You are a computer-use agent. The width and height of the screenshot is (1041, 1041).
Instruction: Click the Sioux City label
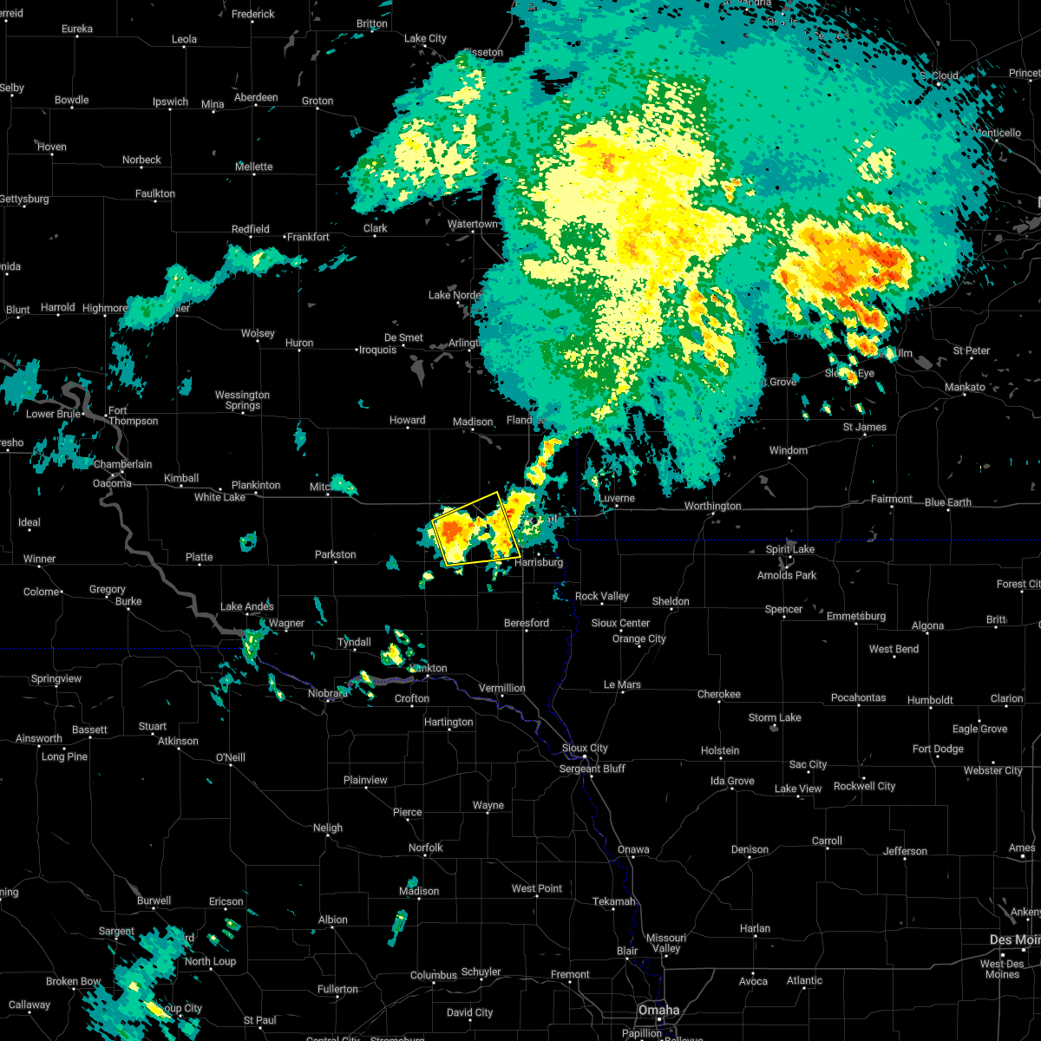pyautogui.click(x=585, y=748)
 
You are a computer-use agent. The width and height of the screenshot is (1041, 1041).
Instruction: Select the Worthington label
pyautogui.click(x=712, y=506)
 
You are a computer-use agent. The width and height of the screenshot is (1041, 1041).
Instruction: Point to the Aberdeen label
pyautogui.click(x=256, y=97)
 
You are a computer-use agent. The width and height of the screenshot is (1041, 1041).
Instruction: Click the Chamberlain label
pyautogui.click(x=122, y=464)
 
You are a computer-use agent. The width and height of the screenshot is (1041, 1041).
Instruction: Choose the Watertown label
pyautogui.click(x=473, y=224)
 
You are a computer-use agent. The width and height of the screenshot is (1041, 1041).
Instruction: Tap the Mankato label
pyautogui.click(x=965, y=387)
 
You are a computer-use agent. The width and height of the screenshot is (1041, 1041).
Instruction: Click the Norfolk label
pyautogui.click(x=425, y=848)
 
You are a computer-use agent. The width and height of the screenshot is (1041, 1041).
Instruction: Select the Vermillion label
pyautogui.click(x=502, y=688)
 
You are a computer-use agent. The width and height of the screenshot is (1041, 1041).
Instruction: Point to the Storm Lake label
pyautogui.click(x=775, y=717)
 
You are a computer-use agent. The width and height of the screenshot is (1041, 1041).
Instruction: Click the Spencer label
pyautogui.click(x=783, y=609)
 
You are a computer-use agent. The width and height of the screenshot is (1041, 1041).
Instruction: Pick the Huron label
pyautogui.click(x=299, y=343)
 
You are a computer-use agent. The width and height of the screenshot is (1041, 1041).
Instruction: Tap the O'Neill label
pyautogui.click(x=230, y=757)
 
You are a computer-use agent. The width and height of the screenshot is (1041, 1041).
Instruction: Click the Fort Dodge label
pyautogui.click(x=938, y=749)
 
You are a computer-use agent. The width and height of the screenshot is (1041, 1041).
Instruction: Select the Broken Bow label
pyautogui.click(x=74, y=981)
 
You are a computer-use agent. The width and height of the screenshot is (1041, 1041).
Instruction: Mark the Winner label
pyautogui.click(x=39, y=559)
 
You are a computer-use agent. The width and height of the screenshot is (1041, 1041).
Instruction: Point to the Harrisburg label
pyautogui.click(x=538, y=562)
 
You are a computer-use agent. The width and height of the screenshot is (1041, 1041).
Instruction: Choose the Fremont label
pyautogui.click(x=570, y=974)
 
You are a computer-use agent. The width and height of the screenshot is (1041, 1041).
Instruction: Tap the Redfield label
pyautogui.click(x=250, y=229)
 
